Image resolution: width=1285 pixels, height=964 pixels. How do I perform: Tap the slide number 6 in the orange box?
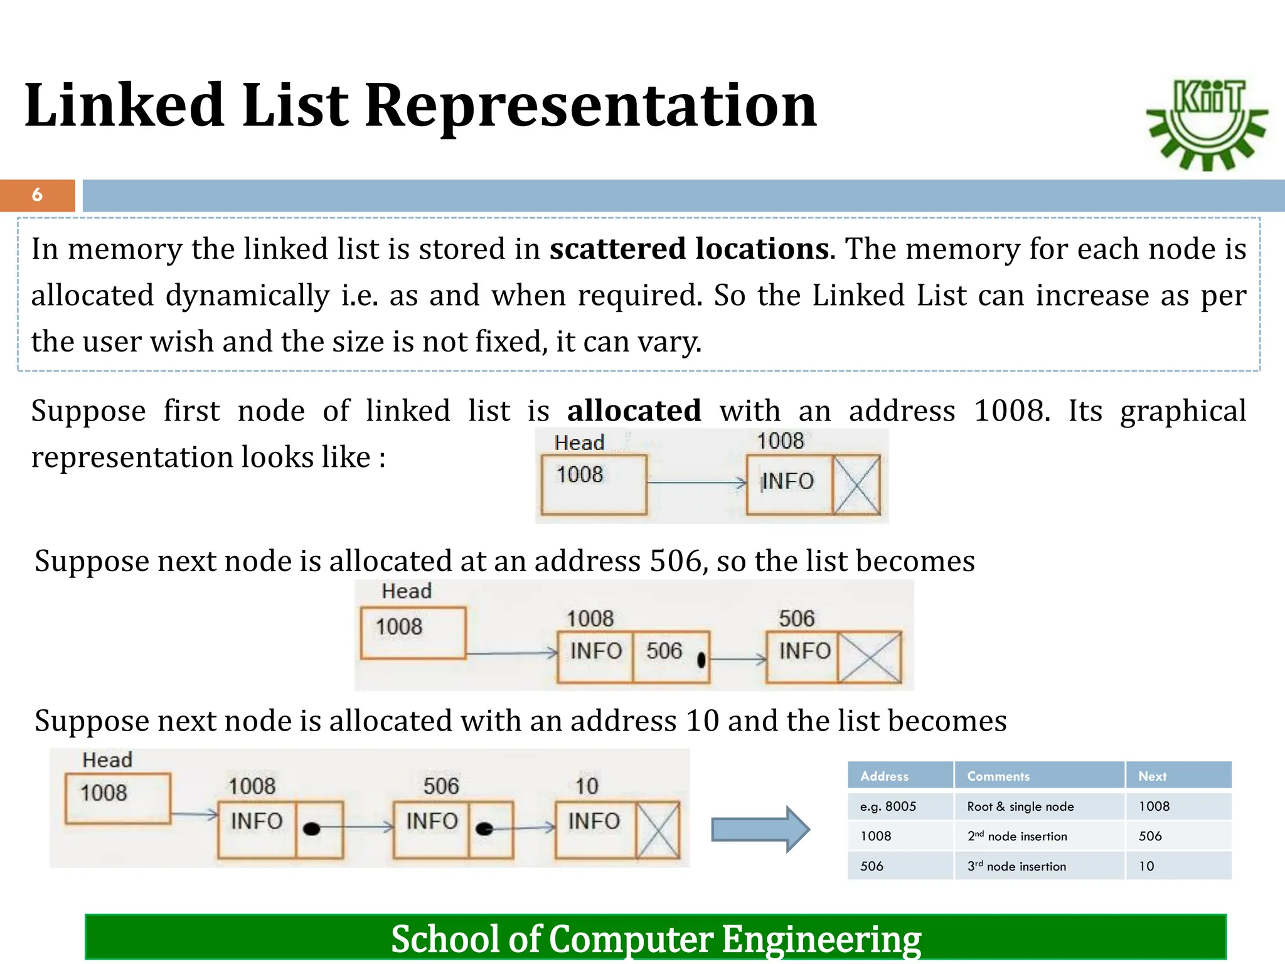37,195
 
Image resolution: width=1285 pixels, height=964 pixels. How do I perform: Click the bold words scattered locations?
689,249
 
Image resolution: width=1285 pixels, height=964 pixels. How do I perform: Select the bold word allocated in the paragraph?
634,411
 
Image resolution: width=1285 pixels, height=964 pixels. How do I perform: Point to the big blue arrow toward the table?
760,830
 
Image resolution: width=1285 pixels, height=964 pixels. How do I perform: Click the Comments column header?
998,776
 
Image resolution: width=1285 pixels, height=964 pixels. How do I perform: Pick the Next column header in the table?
1152,776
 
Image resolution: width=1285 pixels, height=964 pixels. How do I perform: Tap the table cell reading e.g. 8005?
888,806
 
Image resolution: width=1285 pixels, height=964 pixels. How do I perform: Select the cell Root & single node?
1020,806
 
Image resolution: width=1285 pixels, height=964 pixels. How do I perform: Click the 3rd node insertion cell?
1016,867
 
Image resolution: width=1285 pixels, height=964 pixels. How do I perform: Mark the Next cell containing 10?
1146,867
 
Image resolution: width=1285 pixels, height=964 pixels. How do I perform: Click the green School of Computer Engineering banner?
655,938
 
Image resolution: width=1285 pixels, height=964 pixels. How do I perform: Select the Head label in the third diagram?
107,760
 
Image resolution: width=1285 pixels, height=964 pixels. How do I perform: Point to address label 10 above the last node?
587,786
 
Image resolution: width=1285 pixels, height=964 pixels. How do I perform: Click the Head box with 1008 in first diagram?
594,484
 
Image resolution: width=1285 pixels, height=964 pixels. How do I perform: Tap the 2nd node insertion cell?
1017,837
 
